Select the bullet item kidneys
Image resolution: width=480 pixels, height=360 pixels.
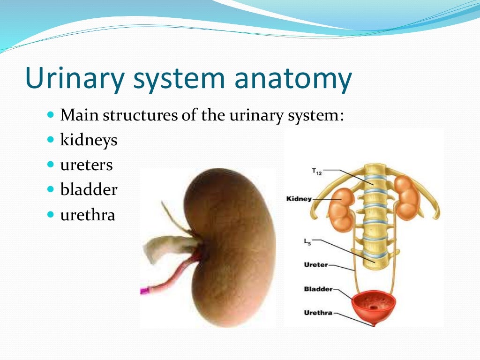(x=89, y=140)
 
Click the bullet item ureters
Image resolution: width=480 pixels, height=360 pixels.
(x=86, y=165)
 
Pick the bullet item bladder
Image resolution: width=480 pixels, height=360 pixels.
(x=89, y=190)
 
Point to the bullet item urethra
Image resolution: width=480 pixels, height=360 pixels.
(x=88, y=215)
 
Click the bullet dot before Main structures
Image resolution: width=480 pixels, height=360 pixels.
(x=51, y=115)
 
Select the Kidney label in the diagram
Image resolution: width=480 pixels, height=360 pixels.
(x=299, y=199)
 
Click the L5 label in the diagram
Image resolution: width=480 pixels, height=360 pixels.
(x=307, y=242)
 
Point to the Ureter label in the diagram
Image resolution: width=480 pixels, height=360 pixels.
(x=316, y=265)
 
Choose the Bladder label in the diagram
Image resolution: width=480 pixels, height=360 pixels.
(x=318, y=289)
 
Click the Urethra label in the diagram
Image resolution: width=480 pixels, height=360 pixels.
(x=318, y=313)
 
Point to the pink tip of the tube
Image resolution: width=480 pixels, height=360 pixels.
(x=144, y=291)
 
